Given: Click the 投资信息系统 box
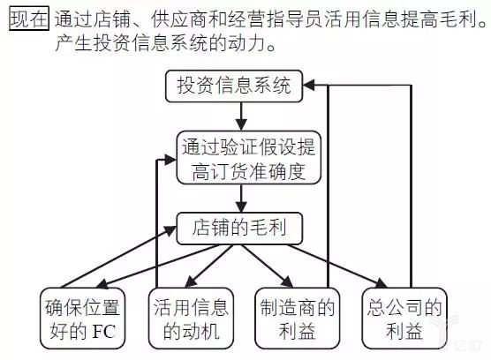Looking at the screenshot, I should pyautogui.click(x=238, y=86).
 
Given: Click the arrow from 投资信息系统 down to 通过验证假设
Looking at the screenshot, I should pyautogui.click(x=239, y=115).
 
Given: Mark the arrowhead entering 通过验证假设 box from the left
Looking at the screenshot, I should pyautogui.click(x=169, y=160).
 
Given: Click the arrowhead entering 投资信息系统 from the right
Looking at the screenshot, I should pyautogui.click(x=311, y=86).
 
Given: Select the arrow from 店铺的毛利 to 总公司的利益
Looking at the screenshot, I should pyautogui.click(x=353, y=269).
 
